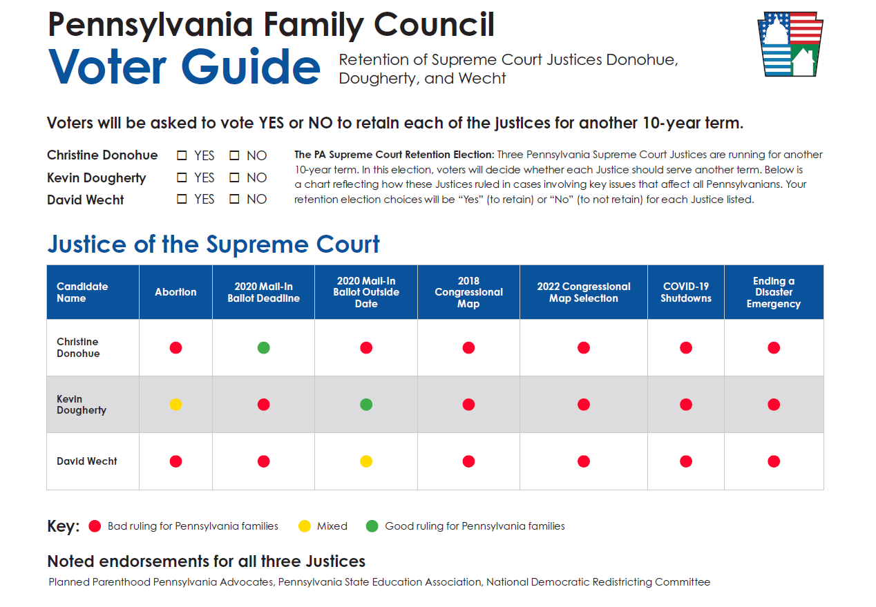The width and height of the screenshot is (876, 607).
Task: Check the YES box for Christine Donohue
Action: (x=182, y=156)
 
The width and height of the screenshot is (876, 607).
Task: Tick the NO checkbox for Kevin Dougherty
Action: (x=234, y=177)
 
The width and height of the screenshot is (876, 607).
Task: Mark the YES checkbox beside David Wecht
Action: (x=182, y=199)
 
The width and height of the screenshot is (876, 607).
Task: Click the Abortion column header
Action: (x=175, y=292)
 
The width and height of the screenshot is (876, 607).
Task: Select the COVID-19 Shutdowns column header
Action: (x=685, y=292)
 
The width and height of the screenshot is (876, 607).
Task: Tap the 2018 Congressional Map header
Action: (x=468, y=292)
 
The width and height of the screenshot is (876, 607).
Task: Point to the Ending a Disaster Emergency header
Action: (x=774, y=292)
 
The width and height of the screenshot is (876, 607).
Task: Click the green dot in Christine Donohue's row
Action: (x=263, y=347)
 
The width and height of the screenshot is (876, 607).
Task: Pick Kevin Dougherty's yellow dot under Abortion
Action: (x=175, y=404)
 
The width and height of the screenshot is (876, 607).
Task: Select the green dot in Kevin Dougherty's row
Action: (x=366, y=404)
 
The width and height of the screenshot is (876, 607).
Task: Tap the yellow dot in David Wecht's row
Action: (x=366, y=461)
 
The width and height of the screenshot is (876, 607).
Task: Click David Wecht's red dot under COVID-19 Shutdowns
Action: (x=685, y=461)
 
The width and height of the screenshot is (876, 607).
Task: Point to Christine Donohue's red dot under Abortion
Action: (x=175, y=347)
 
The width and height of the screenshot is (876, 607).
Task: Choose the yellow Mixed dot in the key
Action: (x=304, y=526)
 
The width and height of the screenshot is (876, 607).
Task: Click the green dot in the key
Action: (x=372, y=526)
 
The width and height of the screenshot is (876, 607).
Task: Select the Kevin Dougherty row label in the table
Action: (x=81, y=404)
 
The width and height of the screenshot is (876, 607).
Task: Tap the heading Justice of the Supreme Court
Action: (x=213, y=244)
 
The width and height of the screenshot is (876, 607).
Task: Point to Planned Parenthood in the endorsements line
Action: (x=100, y=582)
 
